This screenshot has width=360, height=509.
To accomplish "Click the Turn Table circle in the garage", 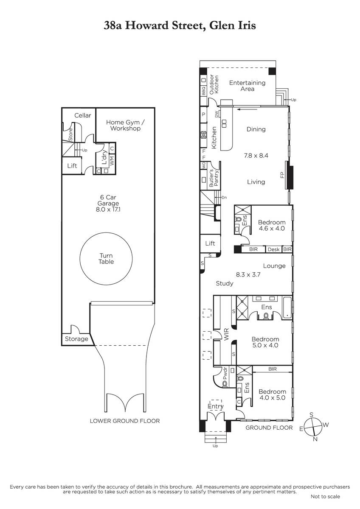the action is pos(80,259).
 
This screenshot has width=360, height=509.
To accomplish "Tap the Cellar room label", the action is pos(82,115).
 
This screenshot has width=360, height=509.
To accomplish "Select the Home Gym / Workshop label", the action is pos(125,125).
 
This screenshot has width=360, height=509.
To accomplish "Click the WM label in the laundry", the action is pos(112,160).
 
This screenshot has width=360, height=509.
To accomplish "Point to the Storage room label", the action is pos(76,339).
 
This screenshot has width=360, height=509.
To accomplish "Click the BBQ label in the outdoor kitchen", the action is pos(203,91).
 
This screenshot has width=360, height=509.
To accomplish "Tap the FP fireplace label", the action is pos(282,175).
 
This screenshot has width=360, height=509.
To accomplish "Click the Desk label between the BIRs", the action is pos(273,249).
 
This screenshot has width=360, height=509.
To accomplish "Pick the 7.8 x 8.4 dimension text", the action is pos(256,156).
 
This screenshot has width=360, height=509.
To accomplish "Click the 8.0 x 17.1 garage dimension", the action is pos(108,209).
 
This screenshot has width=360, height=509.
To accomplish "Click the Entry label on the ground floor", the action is pos(216,406).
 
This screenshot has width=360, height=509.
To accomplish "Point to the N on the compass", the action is pos(315,439).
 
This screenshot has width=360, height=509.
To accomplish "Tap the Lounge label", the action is pos(274,266).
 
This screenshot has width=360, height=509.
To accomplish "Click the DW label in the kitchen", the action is pos(217,114).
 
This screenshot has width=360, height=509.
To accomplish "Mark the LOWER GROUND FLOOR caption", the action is pos(125,421).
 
